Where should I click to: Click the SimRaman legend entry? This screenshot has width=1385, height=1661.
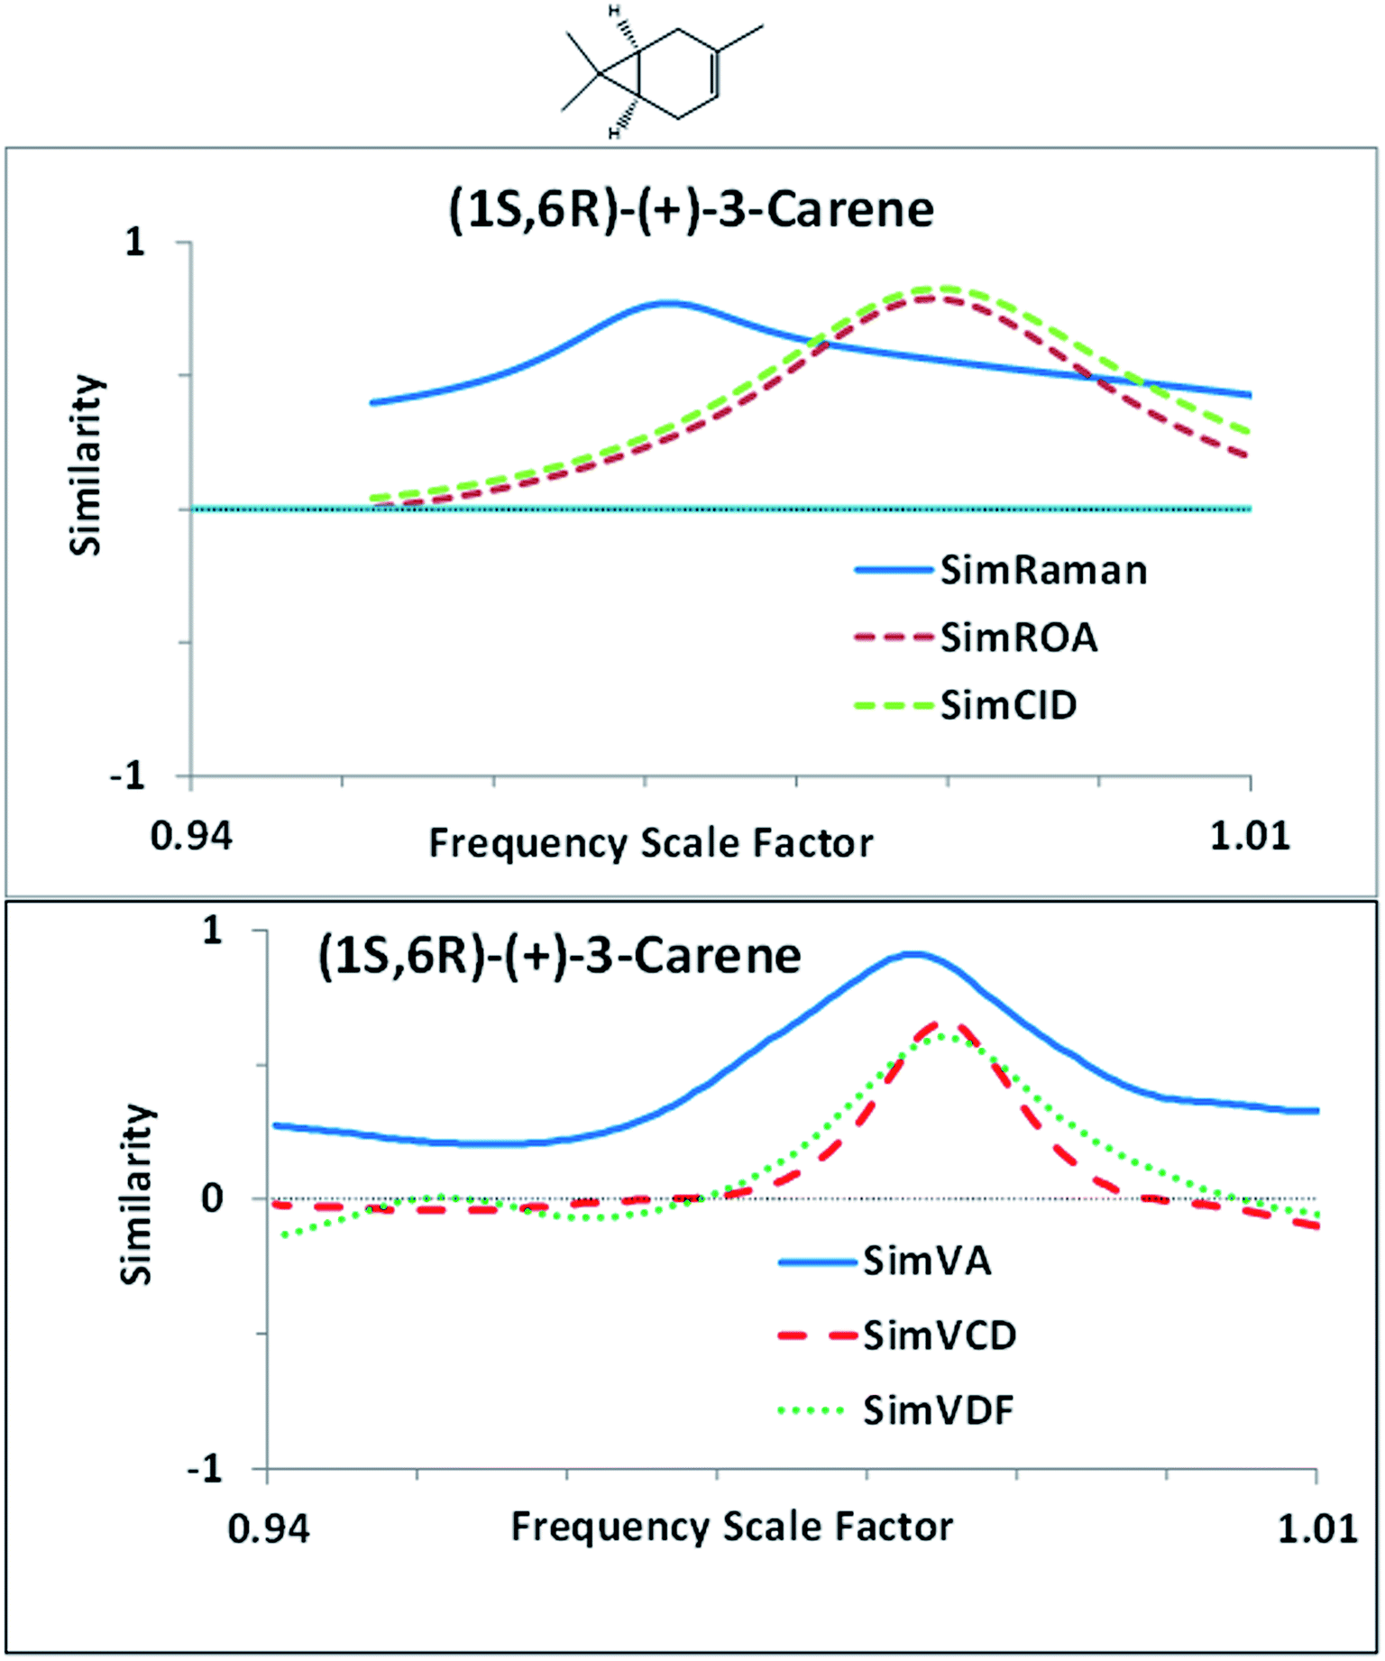1043,571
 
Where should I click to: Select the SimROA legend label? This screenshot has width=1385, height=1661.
1019,638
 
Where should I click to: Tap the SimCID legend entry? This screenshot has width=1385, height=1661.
1008,705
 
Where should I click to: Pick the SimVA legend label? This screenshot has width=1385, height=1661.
927,1261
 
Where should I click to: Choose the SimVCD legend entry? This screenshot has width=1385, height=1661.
940,1335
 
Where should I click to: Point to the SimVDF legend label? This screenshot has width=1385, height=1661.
938,1410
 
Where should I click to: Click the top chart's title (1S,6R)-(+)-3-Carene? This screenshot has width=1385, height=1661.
691,210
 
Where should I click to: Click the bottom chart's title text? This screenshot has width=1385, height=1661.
559,956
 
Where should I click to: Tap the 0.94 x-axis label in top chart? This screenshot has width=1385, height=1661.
191,837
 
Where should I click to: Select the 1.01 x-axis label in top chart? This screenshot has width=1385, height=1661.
1249,837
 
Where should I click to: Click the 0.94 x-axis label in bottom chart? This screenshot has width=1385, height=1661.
269,1529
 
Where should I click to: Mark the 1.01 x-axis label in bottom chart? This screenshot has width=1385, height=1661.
1317,1529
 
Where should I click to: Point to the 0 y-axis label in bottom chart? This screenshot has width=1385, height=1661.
212,1199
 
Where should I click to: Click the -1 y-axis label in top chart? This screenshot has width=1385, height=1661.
128,775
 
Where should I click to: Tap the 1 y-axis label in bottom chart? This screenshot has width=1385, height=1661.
212,931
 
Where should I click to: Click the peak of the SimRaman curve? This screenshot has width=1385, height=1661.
667,303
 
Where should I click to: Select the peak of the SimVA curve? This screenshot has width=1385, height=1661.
913,953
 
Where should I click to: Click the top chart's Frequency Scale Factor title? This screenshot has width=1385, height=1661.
650,844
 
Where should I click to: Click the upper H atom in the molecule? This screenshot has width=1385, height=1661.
614,12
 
